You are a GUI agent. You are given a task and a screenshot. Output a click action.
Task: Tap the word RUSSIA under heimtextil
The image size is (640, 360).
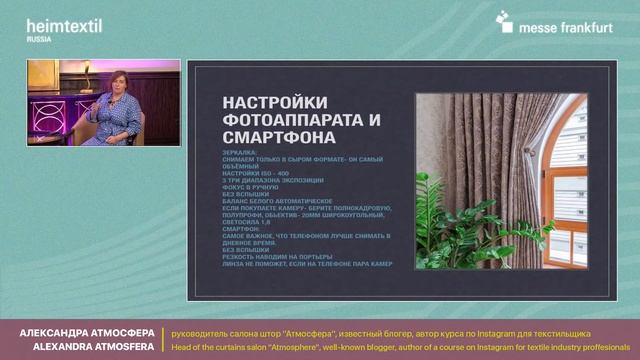(x=39, y=39)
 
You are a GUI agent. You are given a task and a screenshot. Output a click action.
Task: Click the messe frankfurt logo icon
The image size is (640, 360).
(x=504, y=21)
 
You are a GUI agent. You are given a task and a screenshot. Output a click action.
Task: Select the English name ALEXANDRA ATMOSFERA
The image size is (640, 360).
(x=88, y=347)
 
